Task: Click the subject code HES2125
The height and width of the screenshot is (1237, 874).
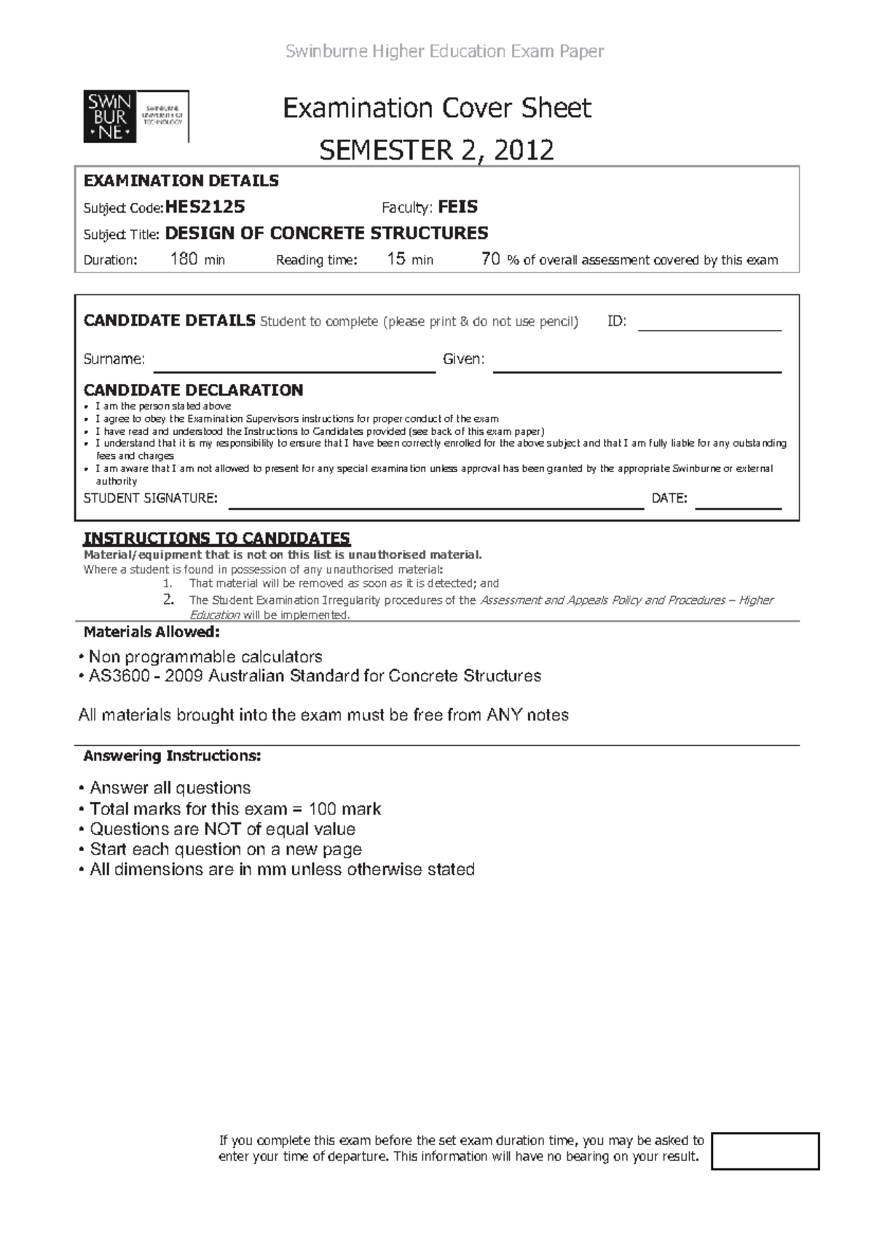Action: pyautogui.click(x=205, y=207)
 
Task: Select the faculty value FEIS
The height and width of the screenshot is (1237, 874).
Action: pyautogui.click(x=457, y=207)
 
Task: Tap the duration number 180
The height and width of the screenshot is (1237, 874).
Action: pyautogui.click(x=184, y=259)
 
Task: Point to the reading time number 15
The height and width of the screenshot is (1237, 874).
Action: pyautogui.click(x=396, y=259)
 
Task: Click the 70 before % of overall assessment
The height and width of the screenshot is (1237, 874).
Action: pyautogui.click(x=491, y=259)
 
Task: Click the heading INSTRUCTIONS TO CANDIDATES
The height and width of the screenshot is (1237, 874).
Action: pyautogui.click(x=217, y=538)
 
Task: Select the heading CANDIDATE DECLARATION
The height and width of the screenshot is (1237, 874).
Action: pyautogui.click(x=193, y=390)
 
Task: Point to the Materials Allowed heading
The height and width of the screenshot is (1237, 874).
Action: pyautogui.click(x=151, y=632)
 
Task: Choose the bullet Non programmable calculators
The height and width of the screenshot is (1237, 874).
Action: pyautogui.click(x=205, y=656)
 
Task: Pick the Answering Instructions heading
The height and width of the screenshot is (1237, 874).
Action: pyautogui.click(x=172, y=756)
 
